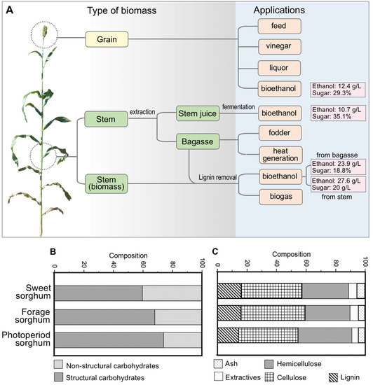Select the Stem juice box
point(200,113)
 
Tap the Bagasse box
point(200,141)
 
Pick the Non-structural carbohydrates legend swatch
point(59,364)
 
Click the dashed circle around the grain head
point(43,34)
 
